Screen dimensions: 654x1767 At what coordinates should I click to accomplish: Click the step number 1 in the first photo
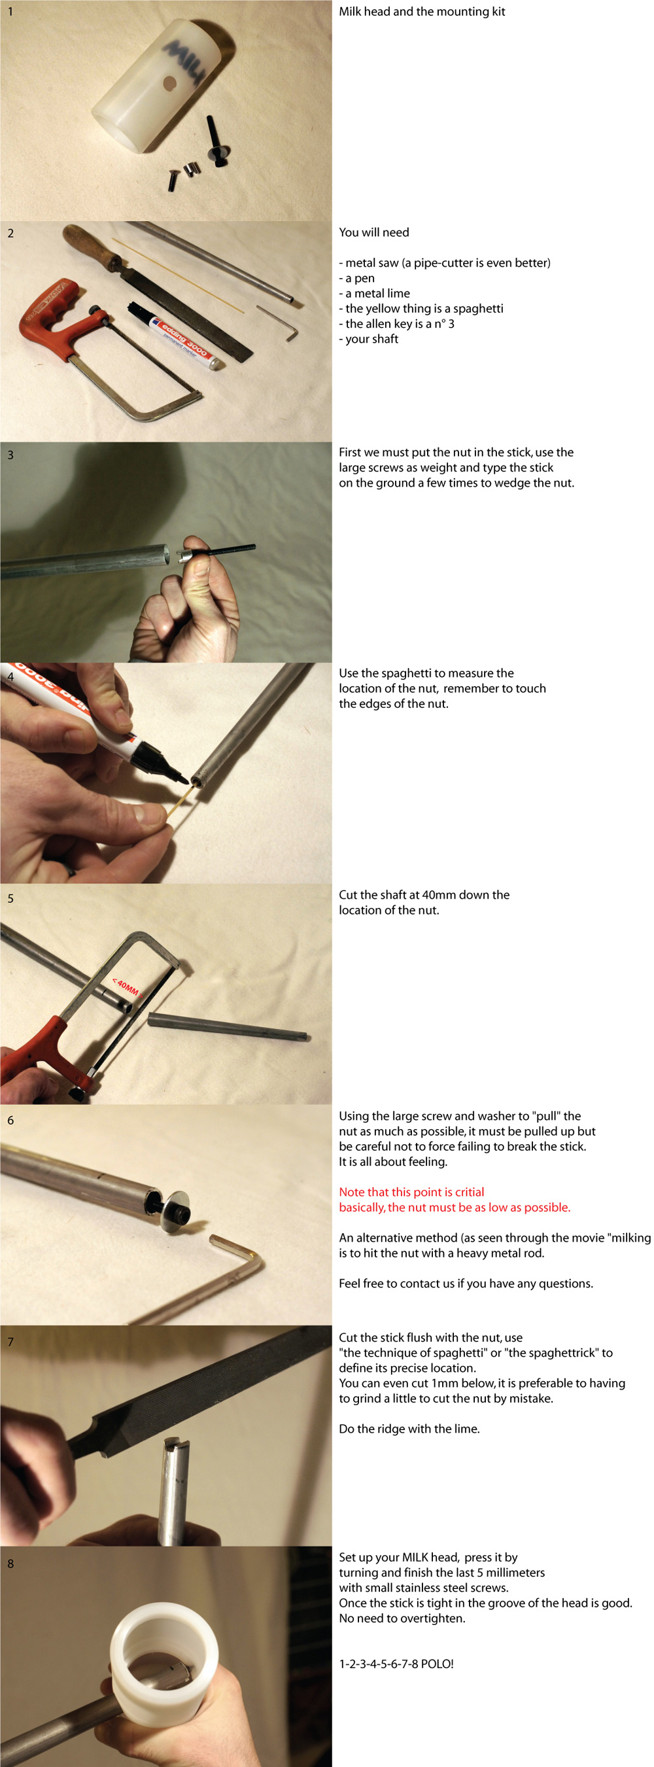click(x=10, y=12)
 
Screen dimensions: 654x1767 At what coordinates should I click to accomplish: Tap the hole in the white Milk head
click(x=169, y=84)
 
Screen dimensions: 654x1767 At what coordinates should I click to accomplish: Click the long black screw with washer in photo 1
click(x=217, y=142)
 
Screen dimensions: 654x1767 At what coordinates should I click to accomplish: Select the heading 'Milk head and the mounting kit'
click(x=422, y=12)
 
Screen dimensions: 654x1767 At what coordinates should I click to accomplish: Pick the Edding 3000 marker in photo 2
click(x=175, y=336)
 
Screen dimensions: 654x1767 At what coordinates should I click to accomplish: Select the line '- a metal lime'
click(x=374, y=293)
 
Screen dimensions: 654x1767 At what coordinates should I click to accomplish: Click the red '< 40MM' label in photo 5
click(x=126, y=987)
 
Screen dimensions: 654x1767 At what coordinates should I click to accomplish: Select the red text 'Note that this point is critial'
click(x=411, y=1192)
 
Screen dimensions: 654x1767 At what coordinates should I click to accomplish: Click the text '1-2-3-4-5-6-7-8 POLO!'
click(x=396, y=1664)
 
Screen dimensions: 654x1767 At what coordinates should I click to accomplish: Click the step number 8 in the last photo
click(x=10, y=1564)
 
